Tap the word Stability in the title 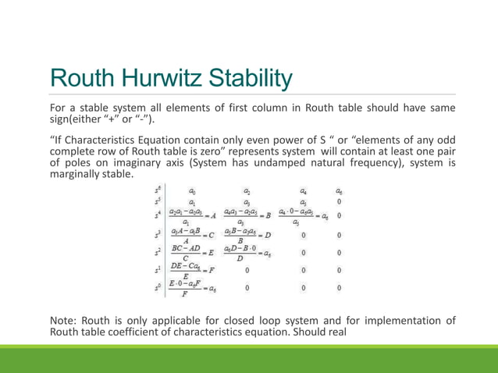tap(247, 79)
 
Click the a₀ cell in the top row tap(193, 190)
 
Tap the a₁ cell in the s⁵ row tap(193, 201)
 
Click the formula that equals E tap(192, 254)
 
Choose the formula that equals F tap(192, 272)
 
